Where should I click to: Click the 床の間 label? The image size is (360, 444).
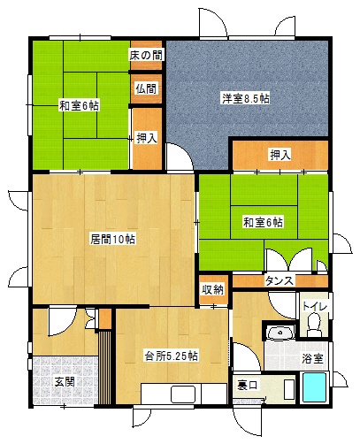tap(146, 55)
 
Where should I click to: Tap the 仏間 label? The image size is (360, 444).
tap(146, 88)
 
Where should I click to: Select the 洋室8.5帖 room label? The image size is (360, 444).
tap(246, 98)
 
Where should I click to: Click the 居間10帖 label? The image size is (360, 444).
tap(112, 239)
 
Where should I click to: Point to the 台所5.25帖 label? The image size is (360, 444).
tap(171, 356)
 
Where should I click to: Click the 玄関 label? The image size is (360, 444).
tap(65, 382)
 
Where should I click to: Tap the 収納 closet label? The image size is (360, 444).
tap(213, 290)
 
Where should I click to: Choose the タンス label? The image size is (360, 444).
tap(280, 280)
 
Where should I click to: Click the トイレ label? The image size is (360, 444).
tap(315, 307)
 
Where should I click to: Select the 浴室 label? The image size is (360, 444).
tap(312, 359)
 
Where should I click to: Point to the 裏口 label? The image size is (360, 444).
tap(248, 386)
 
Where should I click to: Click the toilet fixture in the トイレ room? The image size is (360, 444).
tap(314, 325)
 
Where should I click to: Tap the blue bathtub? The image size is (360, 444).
tap(315, 387)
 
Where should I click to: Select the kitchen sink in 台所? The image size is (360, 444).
tap(183, 394)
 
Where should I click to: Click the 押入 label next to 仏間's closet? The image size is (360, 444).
tap(147, 138)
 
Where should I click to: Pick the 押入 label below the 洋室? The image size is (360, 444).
tap(280, 155)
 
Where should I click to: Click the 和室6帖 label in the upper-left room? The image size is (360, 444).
tap(80, 105)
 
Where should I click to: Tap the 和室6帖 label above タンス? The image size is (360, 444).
tap(263, 222)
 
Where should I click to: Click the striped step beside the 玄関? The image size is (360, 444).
tap(105, 367)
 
